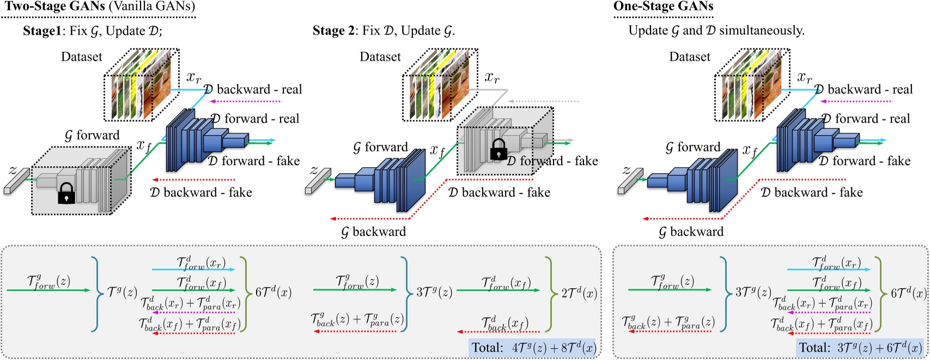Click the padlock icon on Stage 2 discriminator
click(499, 149)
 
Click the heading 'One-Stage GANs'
click(663, 7)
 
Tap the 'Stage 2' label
click(332, 30)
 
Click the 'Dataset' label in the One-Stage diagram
click(690, 57)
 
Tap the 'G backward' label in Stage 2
click(373, 232)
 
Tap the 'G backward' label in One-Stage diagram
click(691, 232)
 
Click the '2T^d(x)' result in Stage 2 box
click(579, 294)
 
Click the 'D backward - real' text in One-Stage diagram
click(864, 89)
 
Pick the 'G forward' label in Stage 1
click(92, 135)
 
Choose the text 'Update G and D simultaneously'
click(716, 30)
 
